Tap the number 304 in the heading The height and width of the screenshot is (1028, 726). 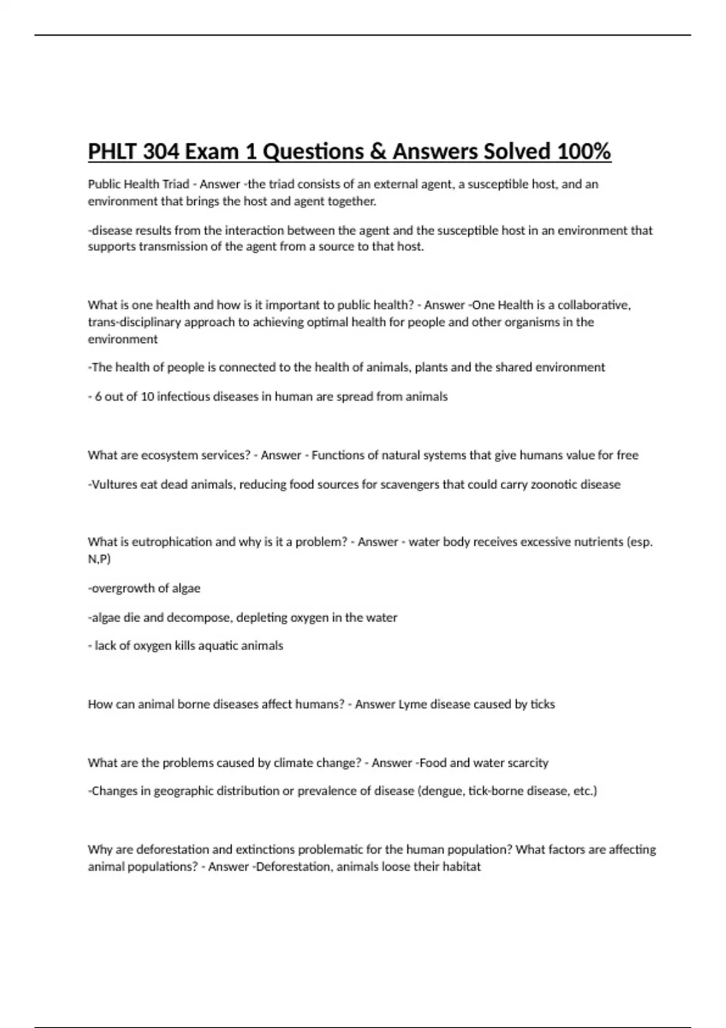tap(162, 151)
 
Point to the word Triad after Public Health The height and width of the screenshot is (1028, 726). tap(174, 184)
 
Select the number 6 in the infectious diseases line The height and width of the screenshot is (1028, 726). tap(98, 397)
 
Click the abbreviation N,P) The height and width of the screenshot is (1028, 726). tap(99, 559)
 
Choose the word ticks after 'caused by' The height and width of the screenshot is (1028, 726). tap(543, 704)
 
